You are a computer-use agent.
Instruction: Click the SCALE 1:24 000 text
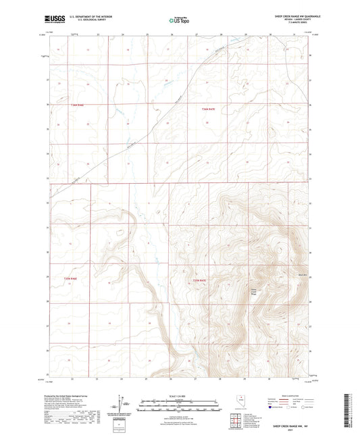180,396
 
